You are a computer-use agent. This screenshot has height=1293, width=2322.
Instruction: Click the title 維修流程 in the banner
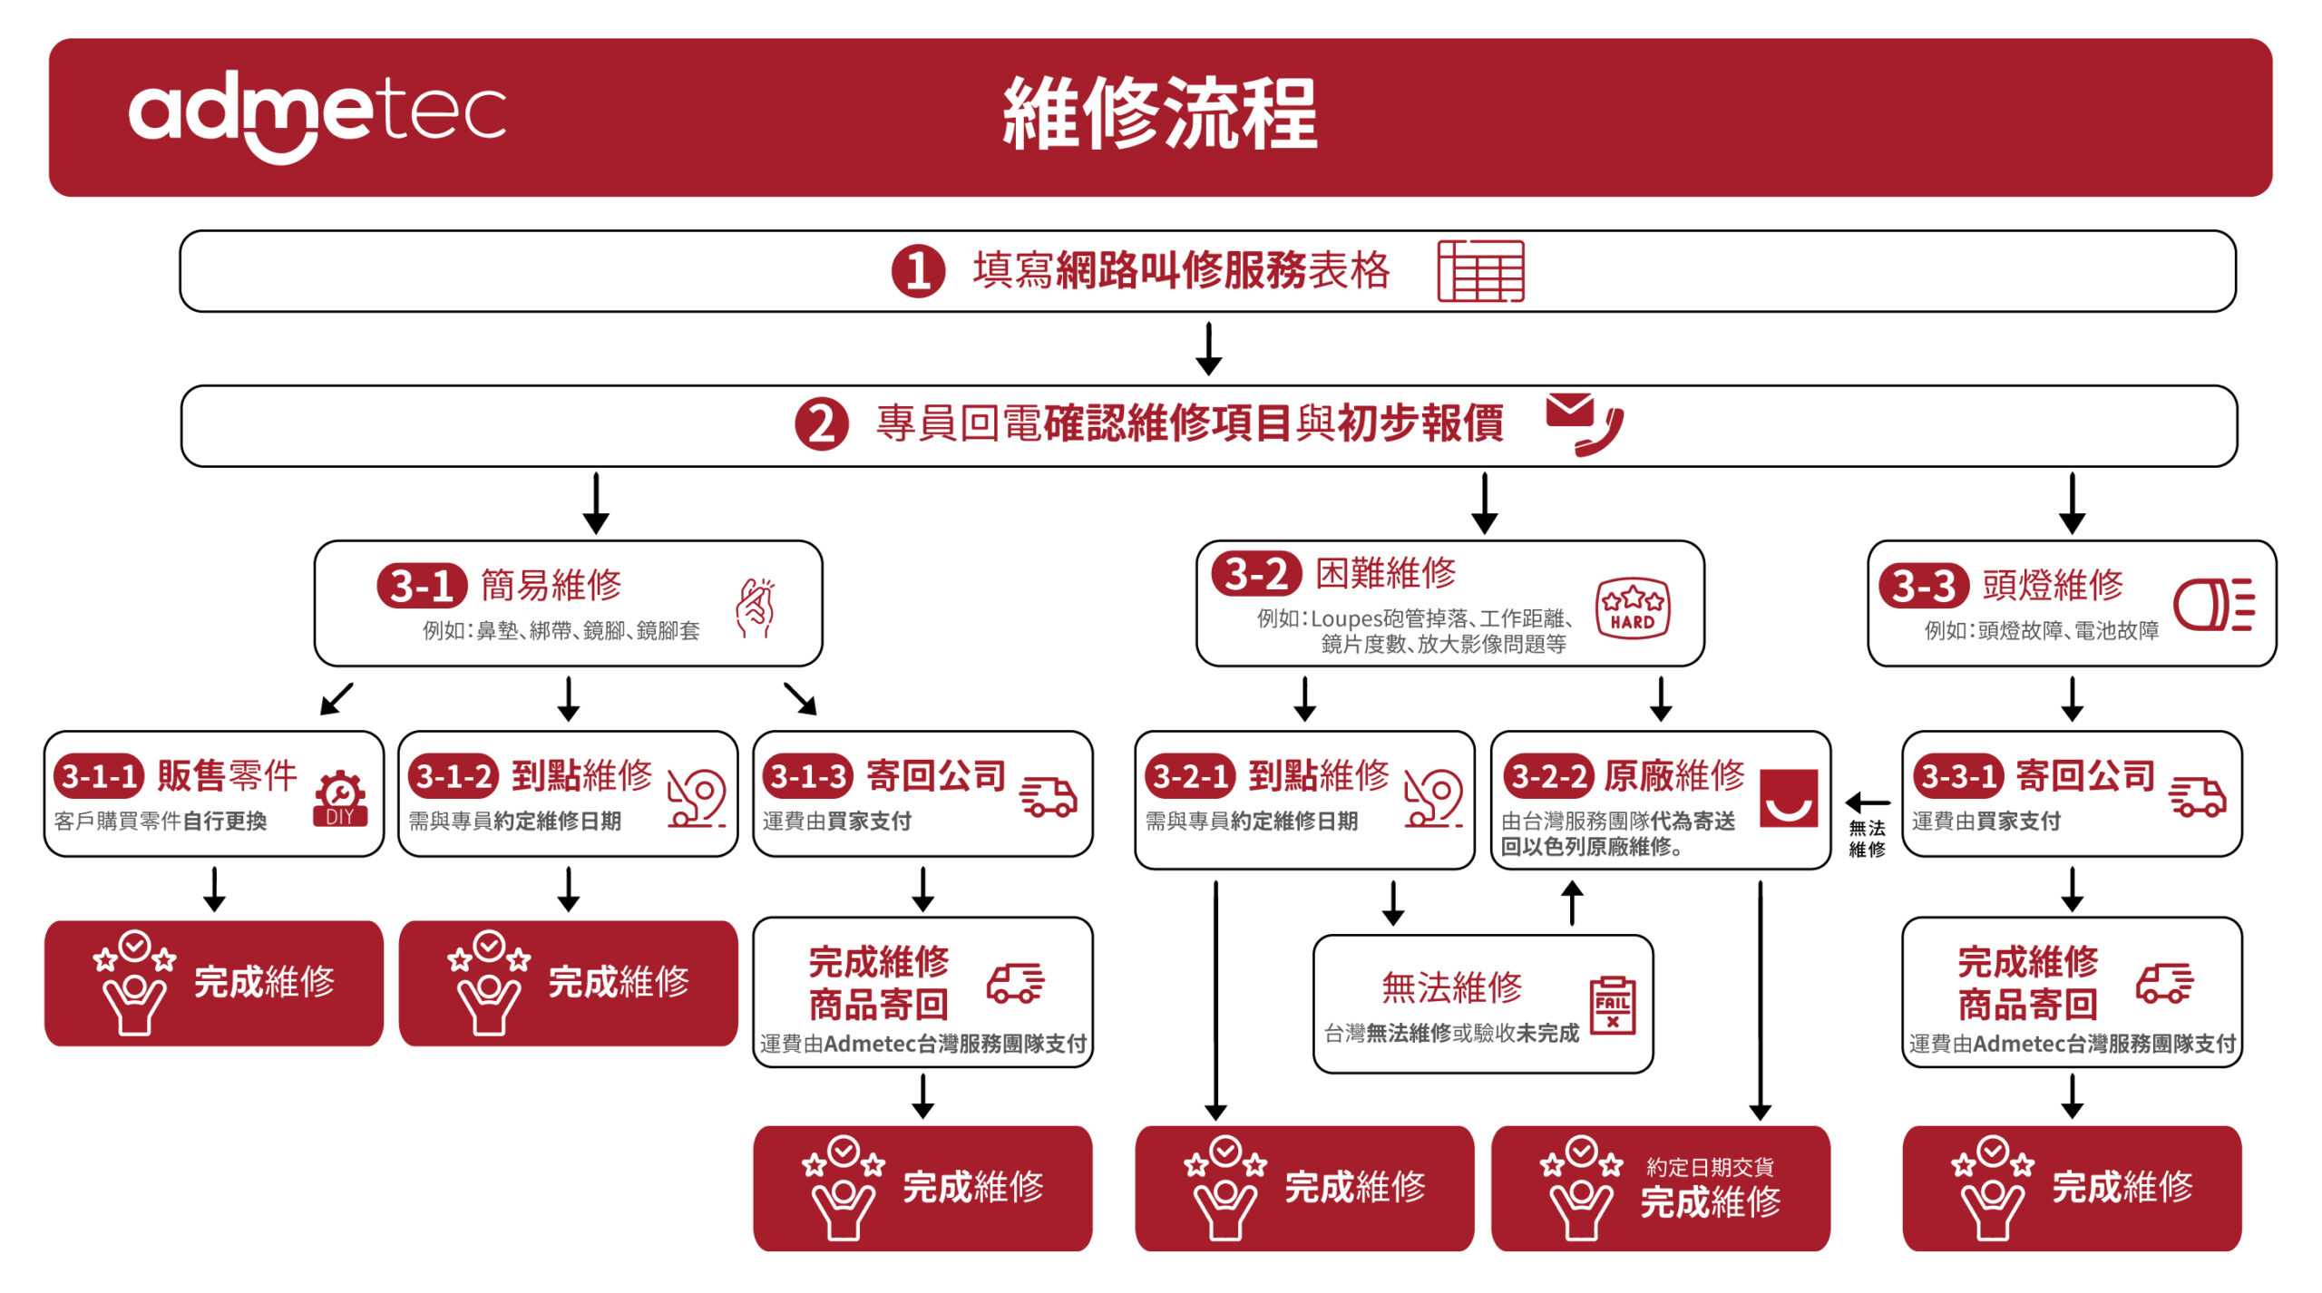[1159, 114]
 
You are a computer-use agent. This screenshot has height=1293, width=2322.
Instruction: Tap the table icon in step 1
[1480, 271]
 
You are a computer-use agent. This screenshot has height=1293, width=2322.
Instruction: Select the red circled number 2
[821, 424]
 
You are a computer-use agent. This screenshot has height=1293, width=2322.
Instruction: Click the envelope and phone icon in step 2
[1584, 423]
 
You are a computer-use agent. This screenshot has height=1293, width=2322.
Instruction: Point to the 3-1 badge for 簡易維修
[422, 586]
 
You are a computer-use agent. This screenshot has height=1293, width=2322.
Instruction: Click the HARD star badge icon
[1632, 608]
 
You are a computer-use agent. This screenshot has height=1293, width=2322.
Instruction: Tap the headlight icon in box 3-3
[2213, 604]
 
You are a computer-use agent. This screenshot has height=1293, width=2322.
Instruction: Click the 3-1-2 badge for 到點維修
[453, 776]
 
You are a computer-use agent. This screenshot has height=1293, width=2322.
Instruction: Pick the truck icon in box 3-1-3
[1048, 796]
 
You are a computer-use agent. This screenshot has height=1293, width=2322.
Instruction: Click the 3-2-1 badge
[1189, 776]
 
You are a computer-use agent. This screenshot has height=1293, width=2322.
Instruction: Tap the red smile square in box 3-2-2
[1788, 798]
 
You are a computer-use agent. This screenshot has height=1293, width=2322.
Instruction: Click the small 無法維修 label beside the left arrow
[1867, 839]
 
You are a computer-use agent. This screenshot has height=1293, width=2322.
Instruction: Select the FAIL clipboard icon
[1613, 1005]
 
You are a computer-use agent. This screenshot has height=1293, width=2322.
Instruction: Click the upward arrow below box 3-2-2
[1573, 903]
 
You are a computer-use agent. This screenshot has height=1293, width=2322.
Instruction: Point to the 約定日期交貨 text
[1710, 1167]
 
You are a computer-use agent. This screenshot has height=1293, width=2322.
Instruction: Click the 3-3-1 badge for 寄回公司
[1958, 776]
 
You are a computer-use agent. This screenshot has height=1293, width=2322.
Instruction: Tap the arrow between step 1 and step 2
[1208, 348]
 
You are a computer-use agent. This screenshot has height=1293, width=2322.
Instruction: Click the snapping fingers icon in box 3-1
[756, 608]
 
